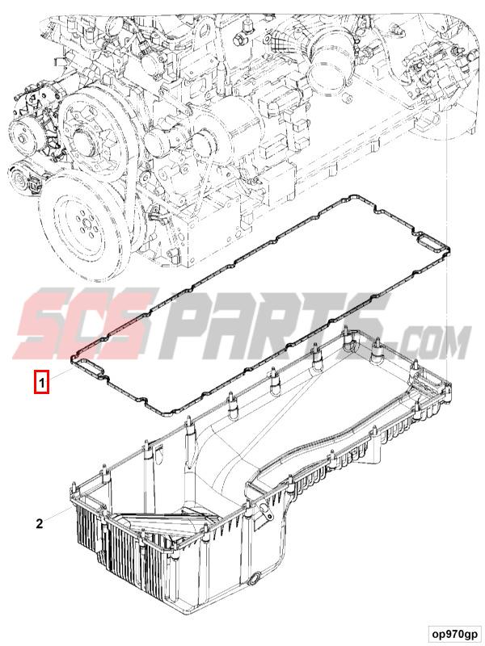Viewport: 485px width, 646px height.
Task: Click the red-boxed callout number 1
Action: click(40, 380)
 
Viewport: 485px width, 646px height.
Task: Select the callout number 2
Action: click(40, 523)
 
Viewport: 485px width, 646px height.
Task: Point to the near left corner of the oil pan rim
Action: click(74, 488)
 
